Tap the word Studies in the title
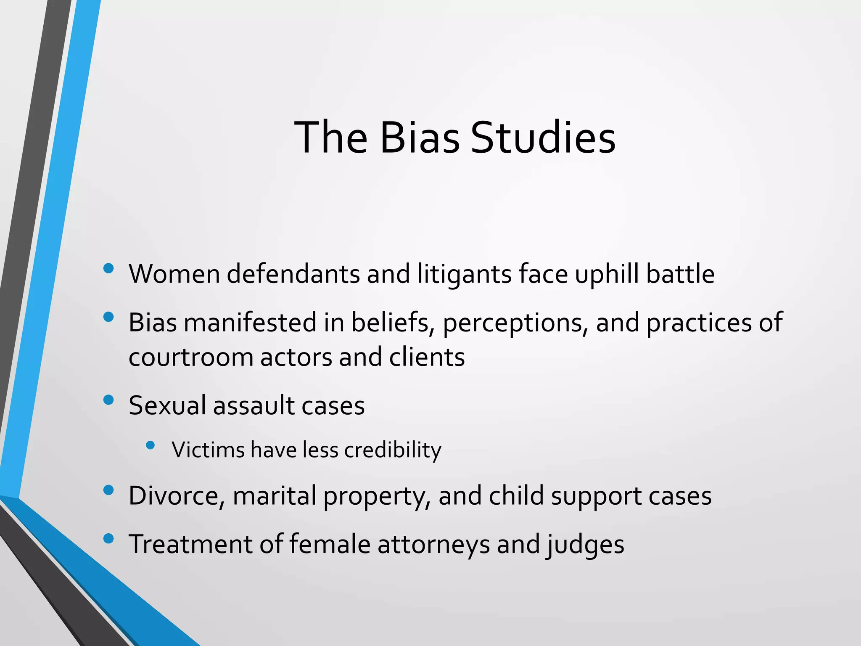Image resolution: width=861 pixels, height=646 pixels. (x=543, y=138)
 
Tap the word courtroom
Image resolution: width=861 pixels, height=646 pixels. (x=190, y=357)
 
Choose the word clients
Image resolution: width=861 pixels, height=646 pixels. (x=427, y=357)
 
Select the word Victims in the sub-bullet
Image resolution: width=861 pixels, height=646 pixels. (x=208, y=450)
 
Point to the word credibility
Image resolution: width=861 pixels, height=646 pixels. (x=393, y=450)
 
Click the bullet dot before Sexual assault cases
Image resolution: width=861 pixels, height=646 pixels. (x=108, y=400)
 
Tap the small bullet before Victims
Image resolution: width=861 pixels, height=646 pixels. (x=150, y=445)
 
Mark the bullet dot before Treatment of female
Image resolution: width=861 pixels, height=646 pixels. (x=108, y=538)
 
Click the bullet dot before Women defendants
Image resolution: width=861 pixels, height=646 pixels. (x=108, y=268)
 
